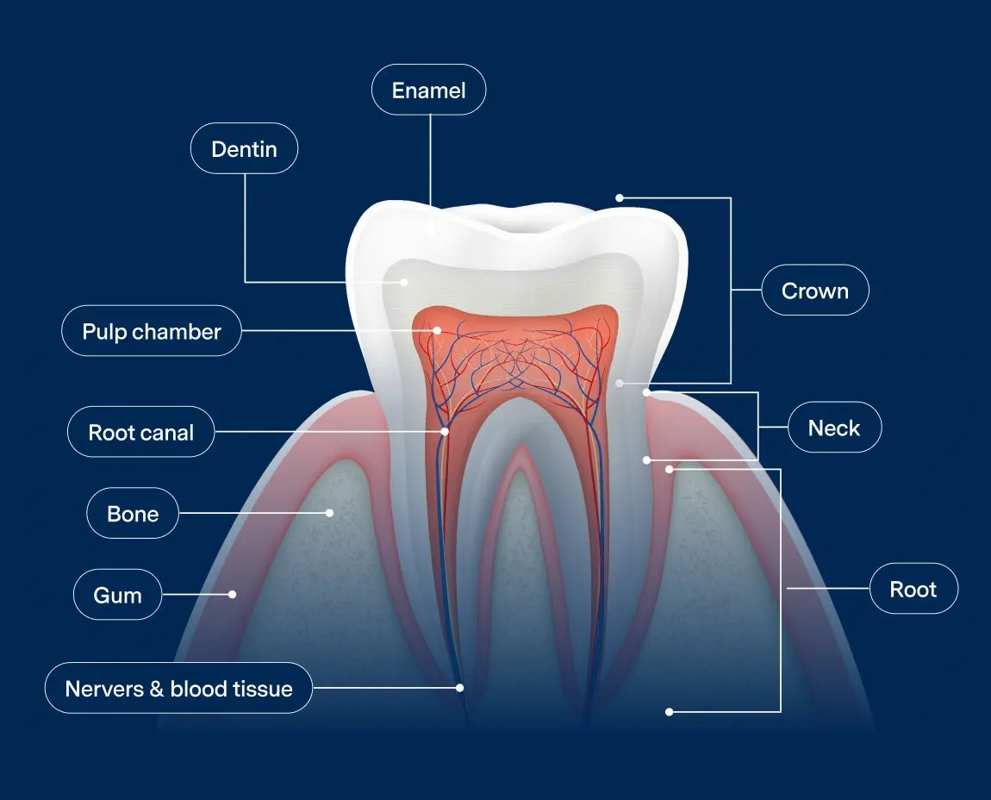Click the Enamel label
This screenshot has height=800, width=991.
point(428,91)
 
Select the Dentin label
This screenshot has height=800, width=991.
point(244,149)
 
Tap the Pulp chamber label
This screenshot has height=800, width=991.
point(152,331)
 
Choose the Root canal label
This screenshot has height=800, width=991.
point(140,432)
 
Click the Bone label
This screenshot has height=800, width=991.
point(133,514)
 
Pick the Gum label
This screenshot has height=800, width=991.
point(117,595)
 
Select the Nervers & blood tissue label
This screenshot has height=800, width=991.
point(178,689)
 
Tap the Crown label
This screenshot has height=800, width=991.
point(814,291)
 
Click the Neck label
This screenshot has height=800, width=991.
point(833,428)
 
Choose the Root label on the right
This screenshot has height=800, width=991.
point(913,589)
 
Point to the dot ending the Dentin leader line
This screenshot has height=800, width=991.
point(404,282)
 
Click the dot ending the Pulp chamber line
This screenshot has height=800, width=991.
point(438,330)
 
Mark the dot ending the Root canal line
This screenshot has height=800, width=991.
point(445,431)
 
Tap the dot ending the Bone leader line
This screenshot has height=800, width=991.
point(329,513)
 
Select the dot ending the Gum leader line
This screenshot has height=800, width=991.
point(232,594)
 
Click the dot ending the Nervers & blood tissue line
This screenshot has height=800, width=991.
point(459,688)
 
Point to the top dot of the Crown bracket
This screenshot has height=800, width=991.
point(619,198)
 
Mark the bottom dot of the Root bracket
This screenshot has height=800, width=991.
point(669,712)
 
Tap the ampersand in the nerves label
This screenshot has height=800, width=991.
point(157,689)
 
